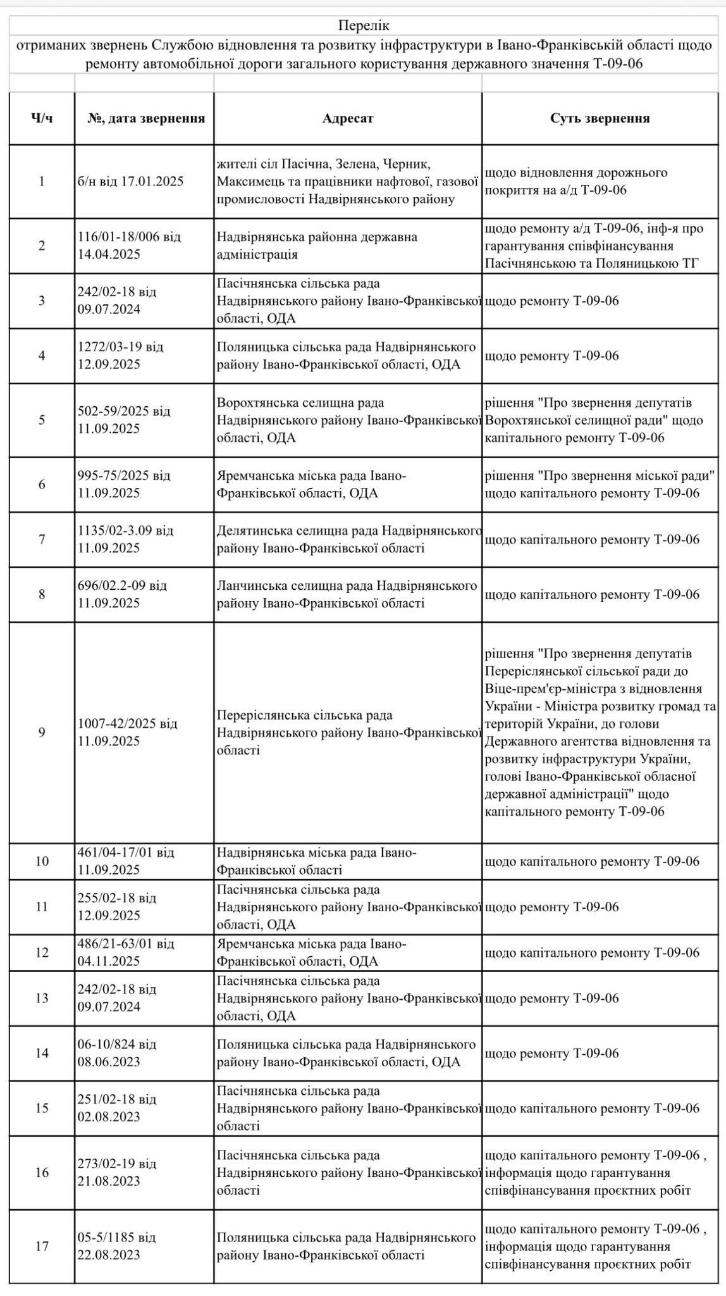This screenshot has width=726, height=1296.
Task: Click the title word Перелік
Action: [364, 25]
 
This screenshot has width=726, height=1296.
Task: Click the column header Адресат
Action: [348, 118]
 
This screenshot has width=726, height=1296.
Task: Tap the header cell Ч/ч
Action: [42, 118]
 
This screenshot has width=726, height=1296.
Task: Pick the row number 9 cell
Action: [42, 732]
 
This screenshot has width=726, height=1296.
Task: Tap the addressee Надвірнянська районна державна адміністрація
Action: [317, 246]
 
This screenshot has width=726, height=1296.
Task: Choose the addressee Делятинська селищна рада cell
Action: [347, 539]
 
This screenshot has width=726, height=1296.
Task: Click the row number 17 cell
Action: [42, 1247]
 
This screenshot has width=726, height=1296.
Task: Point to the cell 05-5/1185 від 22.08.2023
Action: [123, 1247]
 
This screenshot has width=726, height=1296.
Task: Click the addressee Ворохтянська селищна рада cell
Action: [347, 420]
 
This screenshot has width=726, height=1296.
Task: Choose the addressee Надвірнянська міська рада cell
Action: [317, 861]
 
